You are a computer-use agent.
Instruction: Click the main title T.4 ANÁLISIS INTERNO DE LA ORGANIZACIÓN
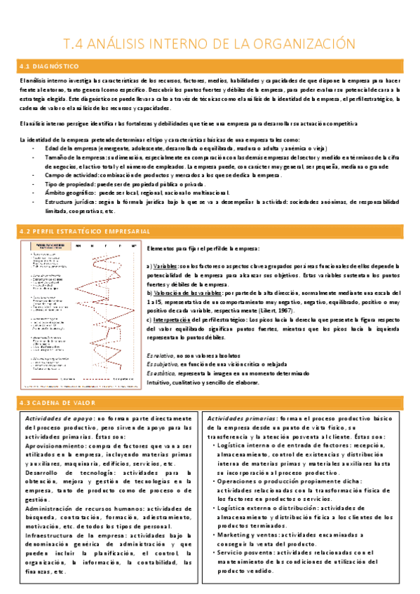click(x=210, y=43)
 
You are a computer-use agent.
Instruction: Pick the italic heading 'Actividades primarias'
click(x=238, y=418)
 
